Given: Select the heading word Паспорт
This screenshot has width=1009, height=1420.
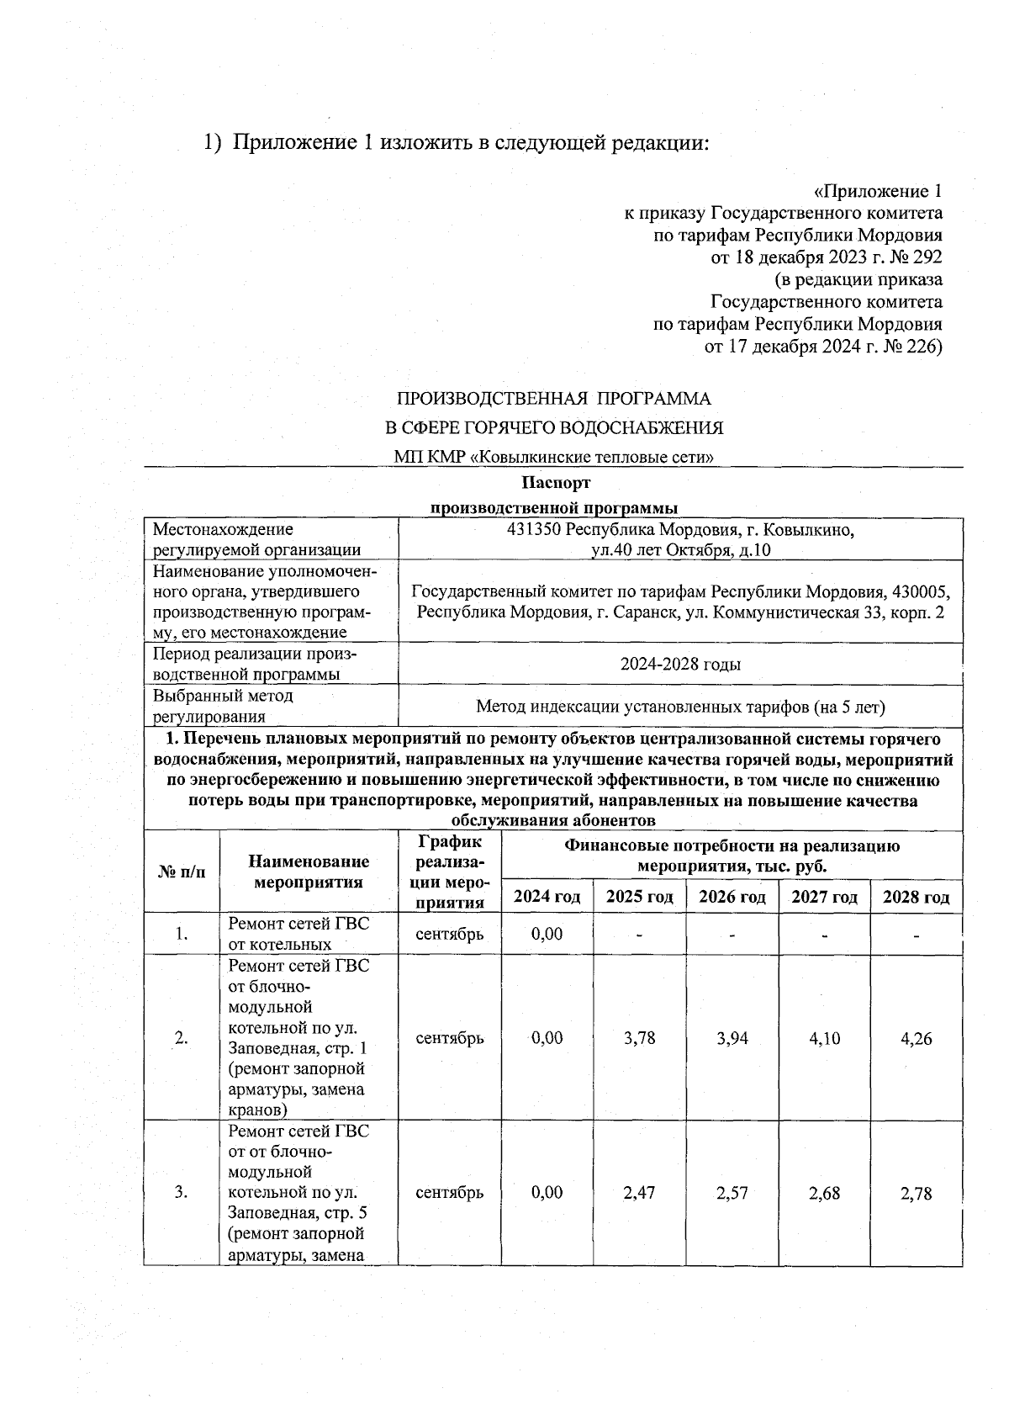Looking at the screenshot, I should (556, 483).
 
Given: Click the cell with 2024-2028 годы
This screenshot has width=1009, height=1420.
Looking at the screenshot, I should (680, 665).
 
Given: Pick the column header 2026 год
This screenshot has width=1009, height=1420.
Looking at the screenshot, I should (732, 897).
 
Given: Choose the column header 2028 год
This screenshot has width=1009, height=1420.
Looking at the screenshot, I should (916, 897).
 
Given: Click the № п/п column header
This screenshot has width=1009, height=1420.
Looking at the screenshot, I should (181, 872).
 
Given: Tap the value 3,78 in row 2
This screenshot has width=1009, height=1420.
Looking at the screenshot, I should (639, 1038).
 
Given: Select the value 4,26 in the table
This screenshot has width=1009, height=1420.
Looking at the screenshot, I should (916, 1038).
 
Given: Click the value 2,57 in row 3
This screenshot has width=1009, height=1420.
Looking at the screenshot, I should (732, 1193).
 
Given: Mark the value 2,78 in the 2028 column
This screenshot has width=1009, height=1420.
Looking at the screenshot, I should (916, 1193).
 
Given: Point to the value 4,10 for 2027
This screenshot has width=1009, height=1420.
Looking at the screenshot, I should (824, 1038).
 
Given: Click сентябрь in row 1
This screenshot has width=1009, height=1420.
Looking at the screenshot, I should (450, 934).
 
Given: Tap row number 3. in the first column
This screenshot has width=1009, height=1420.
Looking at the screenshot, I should (181, 1193).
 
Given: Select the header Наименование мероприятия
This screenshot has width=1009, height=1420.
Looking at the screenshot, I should (309, 872).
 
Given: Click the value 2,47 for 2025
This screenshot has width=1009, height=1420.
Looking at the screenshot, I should (639, 1193).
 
